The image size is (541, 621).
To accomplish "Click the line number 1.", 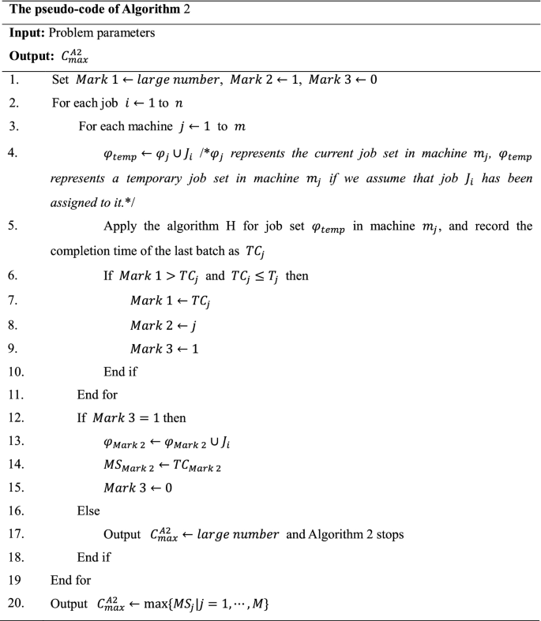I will tap(13, 80).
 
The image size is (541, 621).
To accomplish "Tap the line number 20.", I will tap(17, 604).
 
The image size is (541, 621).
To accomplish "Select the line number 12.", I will tap(17, 417).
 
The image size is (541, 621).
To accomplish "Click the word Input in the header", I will tap(28, 33).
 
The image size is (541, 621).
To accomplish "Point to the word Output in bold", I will tap(31, 56).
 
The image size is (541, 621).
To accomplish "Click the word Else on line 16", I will tap(88, 511).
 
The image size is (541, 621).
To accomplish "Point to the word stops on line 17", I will tap(389, 534).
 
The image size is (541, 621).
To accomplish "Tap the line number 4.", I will tap(13, 154).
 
